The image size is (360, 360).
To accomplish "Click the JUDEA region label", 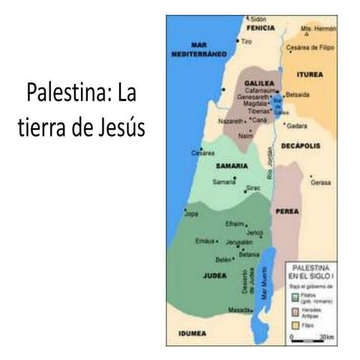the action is (214, 276).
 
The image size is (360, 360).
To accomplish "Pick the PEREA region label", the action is (287, 211).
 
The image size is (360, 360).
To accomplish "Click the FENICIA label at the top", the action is (261, 27).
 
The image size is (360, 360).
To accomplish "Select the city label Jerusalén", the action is (238, 242).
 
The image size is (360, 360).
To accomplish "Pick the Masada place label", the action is (239, 309).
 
